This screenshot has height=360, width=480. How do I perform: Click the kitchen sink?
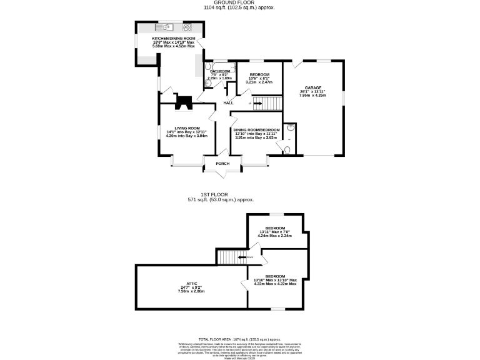pyautogui.click(x=167, y=27)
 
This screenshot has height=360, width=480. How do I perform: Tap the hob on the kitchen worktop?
pyautogui.click(x=186, y=27)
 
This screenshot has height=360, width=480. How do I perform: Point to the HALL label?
pyautogui.click(x=228, y=102)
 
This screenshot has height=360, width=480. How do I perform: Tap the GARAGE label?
pyautogui.click(x=312, y=87)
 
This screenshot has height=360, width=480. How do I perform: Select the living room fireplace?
pyautogui.click(x=184, y=102)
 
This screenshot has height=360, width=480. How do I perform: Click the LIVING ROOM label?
pyautogui.click(x=186, y=127)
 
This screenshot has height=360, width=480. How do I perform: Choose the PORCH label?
pyautogui.click(x=222, y=164)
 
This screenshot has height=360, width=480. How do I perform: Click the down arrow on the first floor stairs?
pyautogui.click(x=242, y=256)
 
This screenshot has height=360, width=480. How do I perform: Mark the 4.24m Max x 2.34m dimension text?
pyautogui.click(x=275, y=236)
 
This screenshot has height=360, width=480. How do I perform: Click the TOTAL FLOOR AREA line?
pyautogui.click(x=239, y=338)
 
